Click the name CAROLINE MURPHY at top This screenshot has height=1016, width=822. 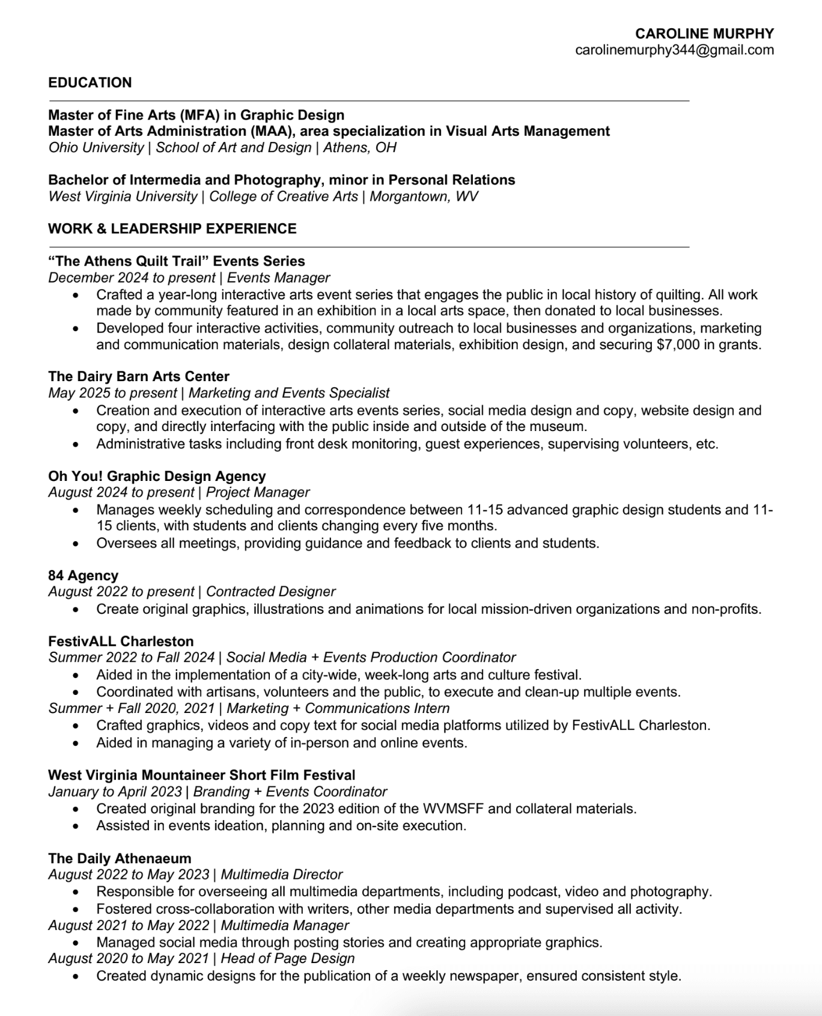tap(704, 34)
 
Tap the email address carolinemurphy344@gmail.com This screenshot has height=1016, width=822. tap(674, 50)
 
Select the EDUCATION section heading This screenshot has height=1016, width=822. tap(90, 82)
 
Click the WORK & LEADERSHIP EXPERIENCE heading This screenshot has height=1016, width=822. tap(172, 228)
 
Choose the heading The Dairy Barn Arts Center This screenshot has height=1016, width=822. tap(139, 376)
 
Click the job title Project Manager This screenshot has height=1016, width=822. tap(258, 492)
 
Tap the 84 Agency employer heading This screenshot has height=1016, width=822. tap(84, 575)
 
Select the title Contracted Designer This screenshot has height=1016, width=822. tap(270, 592)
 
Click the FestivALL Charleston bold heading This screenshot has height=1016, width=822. tap(121, 641)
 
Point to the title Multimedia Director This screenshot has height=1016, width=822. tap(282, 874)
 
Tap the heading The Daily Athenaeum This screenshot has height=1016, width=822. tap(120, 858)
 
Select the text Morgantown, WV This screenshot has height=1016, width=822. tap(424, 197)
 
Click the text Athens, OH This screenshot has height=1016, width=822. tap(360, 148)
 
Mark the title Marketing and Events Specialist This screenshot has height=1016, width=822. tap(289, 393)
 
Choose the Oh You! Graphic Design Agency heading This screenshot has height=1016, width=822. tap(157, 476)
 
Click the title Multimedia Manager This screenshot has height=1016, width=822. tap(285, 925)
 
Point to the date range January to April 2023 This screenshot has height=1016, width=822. tap(115, 792)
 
